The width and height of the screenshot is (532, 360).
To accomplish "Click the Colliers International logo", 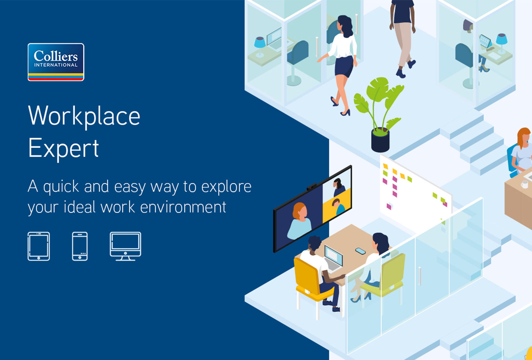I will [x=56, y=62].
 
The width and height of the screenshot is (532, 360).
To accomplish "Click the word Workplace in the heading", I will [x=84, y=116].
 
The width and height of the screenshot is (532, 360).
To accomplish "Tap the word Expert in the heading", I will [x=63, y=148].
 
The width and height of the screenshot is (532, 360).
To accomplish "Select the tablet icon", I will [x=38, y=246].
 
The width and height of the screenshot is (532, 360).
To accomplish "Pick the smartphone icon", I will [x=80, y=246].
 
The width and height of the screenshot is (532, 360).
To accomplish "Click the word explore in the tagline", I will [x=226, y=187].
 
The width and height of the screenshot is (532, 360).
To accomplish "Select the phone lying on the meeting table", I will [x=361, y=251].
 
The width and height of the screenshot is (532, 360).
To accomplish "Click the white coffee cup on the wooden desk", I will [x=524, y=184].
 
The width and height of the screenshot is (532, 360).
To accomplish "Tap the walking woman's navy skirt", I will [x=344, y=66].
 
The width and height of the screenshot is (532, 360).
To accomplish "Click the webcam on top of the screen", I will [x=311, y=187].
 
